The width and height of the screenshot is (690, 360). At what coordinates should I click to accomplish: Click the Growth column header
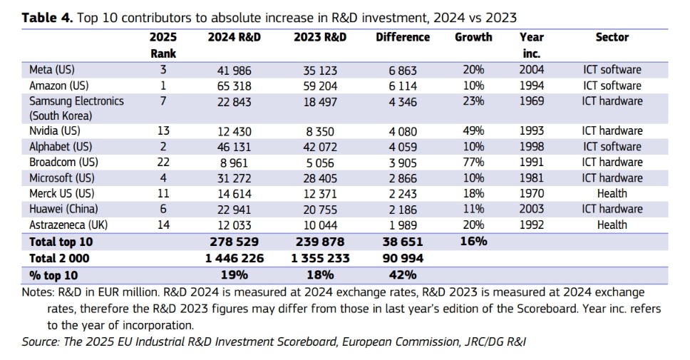(473, 37)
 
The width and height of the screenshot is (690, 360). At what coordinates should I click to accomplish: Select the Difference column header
(403, 37)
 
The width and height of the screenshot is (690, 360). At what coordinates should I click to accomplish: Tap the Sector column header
(612, 37)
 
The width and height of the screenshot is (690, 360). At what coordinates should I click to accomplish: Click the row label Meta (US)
(52, 70)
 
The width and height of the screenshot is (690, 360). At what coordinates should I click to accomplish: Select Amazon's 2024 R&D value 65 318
(235, 86)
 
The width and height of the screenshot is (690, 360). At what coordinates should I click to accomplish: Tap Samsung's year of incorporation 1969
(531, 101)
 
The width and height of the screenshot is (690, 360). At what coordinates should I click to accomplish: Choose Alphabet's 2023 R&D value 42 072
(321, 147)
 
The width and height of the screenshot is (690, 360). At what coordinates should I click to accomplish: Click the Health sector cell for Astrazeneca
(612, 225)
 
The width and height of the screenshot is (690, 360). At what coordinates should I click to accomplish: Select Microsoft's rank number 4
(163, 178)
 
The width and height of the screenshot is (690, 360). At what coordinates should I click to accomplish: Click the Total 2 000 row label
(61, 258)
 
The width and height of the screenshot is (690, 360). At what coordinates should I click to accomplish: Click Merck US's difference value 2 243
(403, 193)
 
